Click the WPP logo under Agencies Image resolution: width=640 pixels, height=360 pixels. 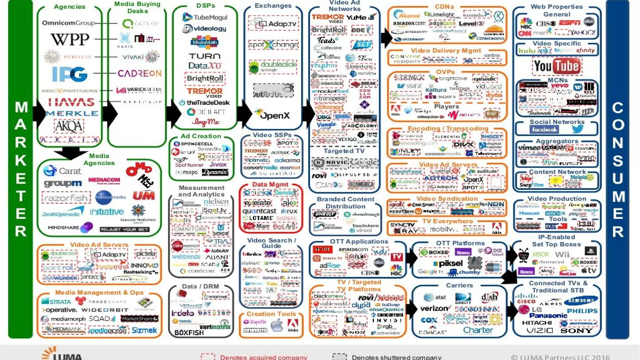[x=70, y=39]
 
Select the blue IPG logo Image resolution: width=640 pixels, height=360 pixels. [x=70, y=74]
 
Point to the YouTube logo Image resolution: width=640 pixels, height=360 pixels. [x=557, y=66]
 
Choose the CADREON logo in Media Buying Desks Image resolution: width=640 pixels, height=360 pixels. [x=139, y=73]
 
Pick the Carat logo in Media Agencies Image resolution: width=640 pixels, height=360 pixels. [x=62, y=171]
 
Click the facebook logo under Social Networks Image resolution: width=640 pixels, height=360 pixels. [x=544, y=129]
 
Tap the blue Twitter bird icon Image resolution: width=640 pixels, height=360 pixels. [x=577, y=129]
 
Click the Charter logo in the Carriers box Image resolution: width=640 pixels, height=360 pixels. [x=478, y=330]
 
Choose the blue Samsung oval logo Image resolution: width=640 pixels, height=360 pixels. [x=581, y=300]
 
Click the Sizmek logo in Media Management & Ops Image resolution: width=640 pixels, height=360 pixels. [x=144, y=330]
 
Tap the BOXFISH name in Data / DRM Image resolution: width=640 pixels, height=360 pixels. [x=189, y=333]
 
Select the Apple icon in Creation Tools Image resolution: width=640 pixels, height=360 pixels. [x=277, y=326]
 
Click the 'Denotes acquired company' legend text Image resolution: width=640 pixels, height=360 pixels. [x=263, y=357]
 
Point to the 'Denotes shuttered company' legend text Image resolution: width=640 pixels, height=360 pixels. [x=396, y=357]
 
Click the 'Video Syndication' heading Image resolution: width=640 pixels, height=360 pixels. [x=447, y=199]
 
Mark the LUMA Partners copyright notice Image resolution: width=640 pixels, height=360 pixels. [x=560, y=357]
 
